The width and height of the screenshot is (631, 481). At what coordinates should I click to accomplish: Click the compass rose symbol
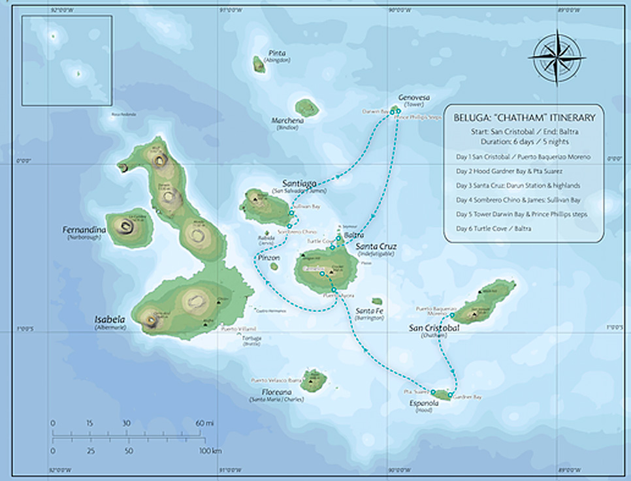click(557, 58)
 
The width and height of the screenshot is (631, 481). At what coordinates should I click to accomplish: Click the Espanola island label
click(424, 403)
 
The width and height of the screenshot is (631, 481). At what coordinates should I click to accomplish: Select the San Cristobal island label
click(433, 328)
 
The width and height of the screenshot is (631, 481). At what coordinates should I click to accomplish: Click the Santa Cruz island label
click(375, 247)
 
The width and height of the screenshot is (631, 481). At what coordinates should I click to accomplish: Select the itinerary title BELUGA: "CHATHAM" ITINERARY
click(525, 118)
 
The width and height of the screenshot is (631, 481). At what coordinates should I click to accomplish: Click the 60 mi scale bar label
click(204, 423)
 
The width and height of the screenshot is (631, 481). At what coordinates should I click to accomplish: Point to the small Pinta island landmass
click(259, 64)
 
